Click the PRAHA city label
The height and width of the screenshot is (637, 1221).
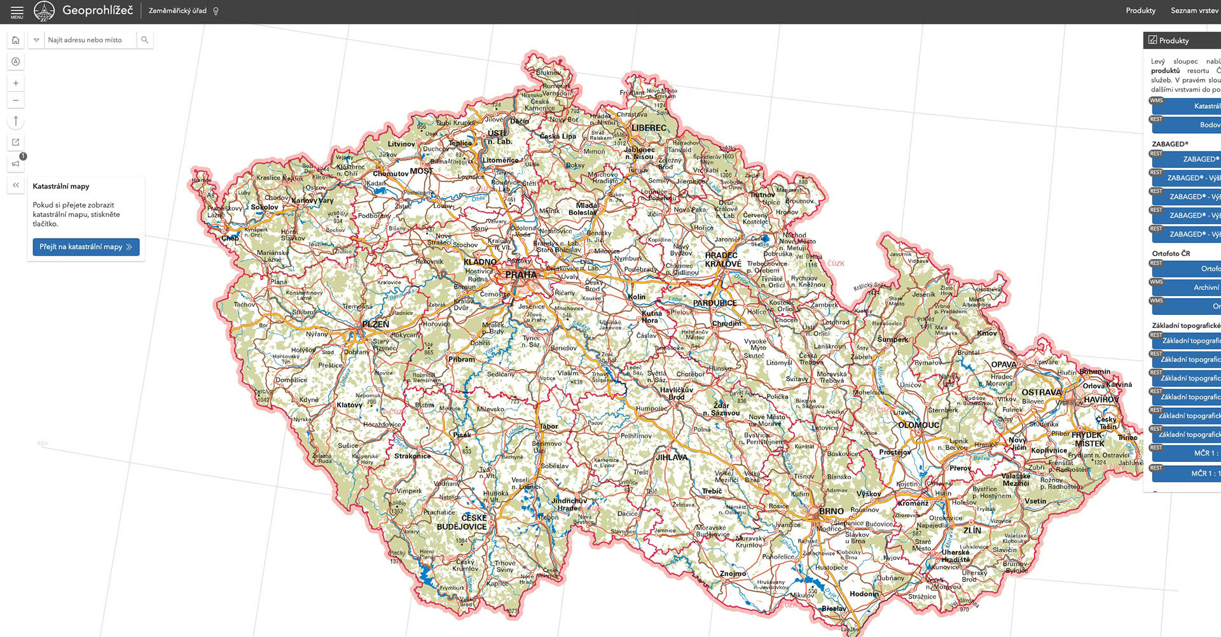[x=521, y=275]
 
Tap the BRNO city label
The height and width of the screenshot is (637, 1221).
[x=831, y=511]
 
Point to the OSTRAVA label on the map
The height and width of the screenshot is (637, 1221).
[x=1041, y=392]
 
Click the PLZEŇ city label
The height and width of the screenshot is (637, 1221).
[x=375, y=324]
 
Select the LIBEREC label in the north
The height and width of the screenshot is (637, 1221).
[x=649, y=128]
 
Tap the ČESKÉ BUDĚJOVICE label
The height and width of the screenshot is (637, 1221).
[x=462, y=522]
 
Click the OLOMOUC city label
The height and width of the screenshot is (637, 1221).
[x=918, y=425]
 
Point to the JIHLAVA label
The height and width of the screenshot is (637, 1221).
[x=672, y=457]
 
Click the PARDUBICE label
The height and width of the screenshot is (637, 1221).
[x=715, y=303]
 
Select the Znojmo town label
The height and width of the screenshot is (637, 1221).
[x=733, y=573]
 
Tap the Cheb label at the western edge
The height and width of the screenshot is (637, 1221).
[x=230, y=238]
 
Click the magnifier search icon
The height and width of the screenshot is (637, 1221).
[x=144, y=40]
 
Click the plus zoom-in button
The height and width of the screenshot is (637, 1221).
[x=16, y=83]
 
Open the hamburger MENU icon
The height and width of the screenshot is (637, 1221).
[x=17, y=11]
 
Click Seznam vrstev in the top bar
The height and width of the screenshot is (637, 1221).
[x=1194, y=11]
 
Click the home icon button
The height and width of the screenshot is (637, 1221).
[x=16, y=40]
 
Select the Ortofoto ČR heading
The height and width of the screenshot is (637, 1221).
[x=1171, y=253]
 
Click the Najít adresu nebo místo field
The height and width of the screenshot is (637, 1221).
[x=89, y=40]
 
